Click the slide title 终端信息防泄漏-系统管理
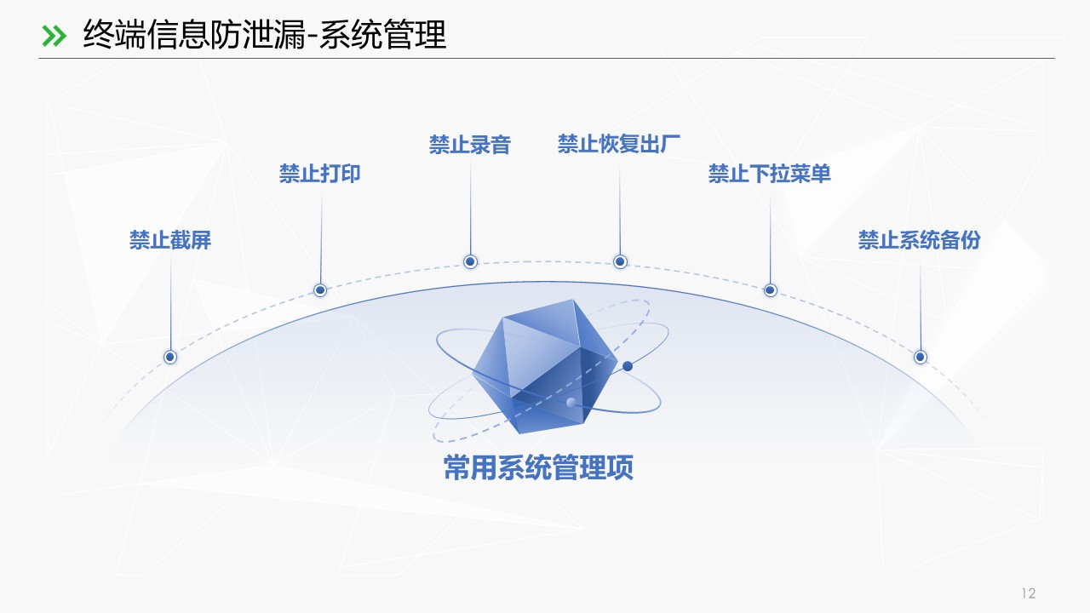264,35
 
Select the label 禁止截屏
170,240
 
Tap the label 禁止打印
320,174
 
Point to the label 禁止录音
470,145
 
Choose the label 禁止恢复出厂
619,144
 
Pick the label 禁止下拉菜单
770,174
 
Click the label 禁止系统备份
920,240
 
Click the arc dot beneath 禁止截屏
170,357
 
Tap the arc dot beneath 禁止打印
320,290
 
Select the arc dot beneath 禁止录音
470,261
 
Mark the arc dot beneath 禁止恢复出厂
620,261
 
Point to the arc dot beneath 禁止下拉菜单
770,290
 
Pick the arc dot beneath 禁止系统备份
920,357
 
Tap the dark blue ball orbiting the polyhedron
628,366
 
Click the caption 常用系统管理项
538,467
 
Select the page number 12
1028,593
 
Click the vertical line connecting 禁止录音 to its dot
470,204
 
